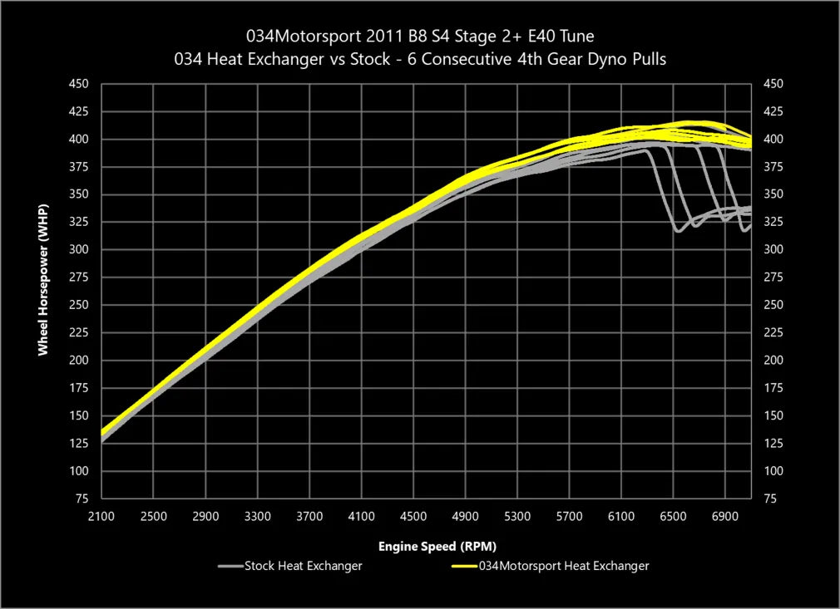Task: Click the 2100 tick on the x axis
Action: (x=101, y=516)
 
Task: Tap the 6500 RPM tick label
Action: (x=673, y=516)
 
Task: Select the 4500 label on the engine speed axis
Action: (x=413, y=516)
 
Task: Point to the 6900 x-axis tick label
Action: (x=725, y=516)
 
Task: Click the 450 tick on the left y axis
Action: (x=78, y=84)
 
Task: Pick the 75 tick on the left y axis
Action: (x=82, y=498)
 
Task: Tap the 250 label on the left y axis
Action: (x=78, y=305)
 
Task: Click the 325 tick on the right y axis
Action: (x=773, y=222)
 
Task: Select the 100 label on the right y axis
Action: (x=773, y=471)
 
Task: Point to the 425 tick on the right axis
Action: (x=773, y=111)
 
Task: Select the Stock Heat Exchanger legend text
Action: (x=304, y=566)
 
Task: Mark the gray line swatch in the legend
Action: (x=230, y=567)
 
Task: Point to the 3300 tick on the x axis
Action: (x=257, y=516)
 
